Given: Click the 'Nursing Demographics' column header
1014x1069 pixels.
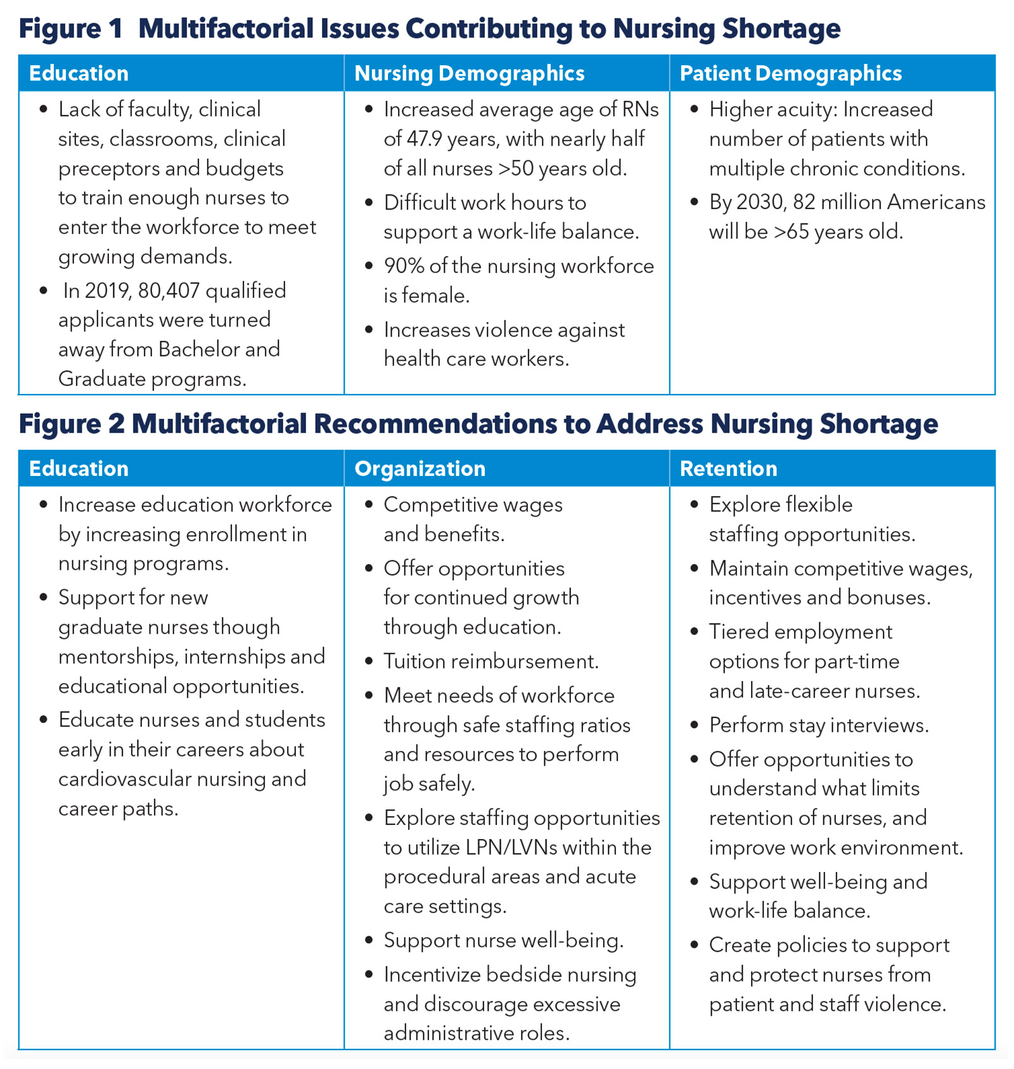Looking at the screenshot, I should click(x=469, y=74).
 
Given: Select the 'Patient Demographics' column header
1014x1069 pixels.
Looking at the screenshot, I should click(x=790, y=74).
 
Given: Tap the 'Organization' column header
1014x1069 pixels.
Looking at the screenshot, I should click(x=420, y=469).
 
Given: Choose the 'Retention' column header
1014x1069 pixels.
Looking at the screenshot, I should click(x=728, y=469).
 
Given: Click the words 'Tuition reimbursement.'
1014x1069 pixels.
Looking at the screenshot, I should click(x=491, y=662).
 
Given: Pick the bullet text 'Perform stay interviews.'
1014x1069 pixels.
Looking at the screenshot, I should click(x=818, y=725).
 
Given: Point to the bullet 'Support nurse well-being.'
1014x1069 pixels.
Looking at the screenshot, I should click(x=503, y=940).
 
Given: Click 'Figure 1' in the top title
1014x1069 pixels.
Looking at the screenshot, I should click(x=70, y=29).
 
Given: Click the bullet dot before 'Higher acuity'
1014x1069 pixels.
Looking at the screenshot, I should click(x=694, y=110).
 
